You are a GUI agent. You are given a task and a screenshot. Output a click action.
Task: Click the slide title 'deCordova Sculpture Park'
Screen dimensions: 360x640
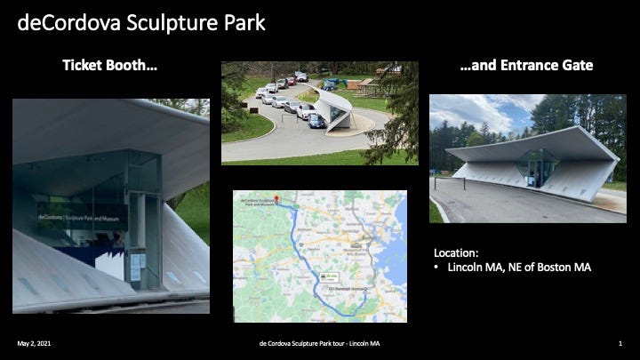(x=141, y=21)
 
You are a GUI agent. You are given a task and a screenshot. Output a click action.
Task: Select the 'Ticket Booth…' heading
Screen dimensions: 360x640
(x=110, y=65)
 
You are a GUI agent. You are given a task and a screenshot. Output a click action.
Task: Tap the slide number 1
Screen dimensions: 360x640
(x=619, y=342)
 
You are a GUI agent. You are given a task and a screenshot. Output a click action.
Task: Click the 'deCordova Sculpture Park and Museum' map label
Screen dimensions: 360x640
(x=259, y=204)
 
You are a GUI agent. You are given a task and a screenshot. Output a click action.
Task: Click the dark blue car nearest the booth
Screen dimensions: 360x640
(x=316, y=121)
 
